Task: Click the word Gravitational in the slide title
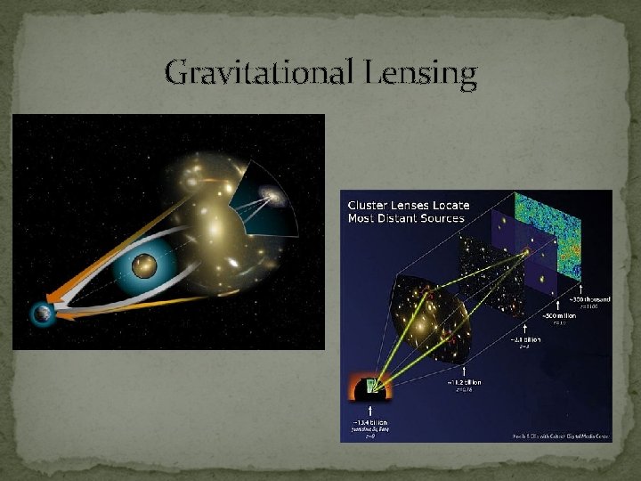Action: point(259,71)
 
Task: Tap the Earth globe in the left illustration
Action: point(40,314)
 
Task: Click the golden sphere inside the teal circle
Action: point(143,265)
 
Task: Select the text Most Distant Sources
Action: point(407,217)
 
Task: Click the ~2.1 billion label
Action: point(522,338)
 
